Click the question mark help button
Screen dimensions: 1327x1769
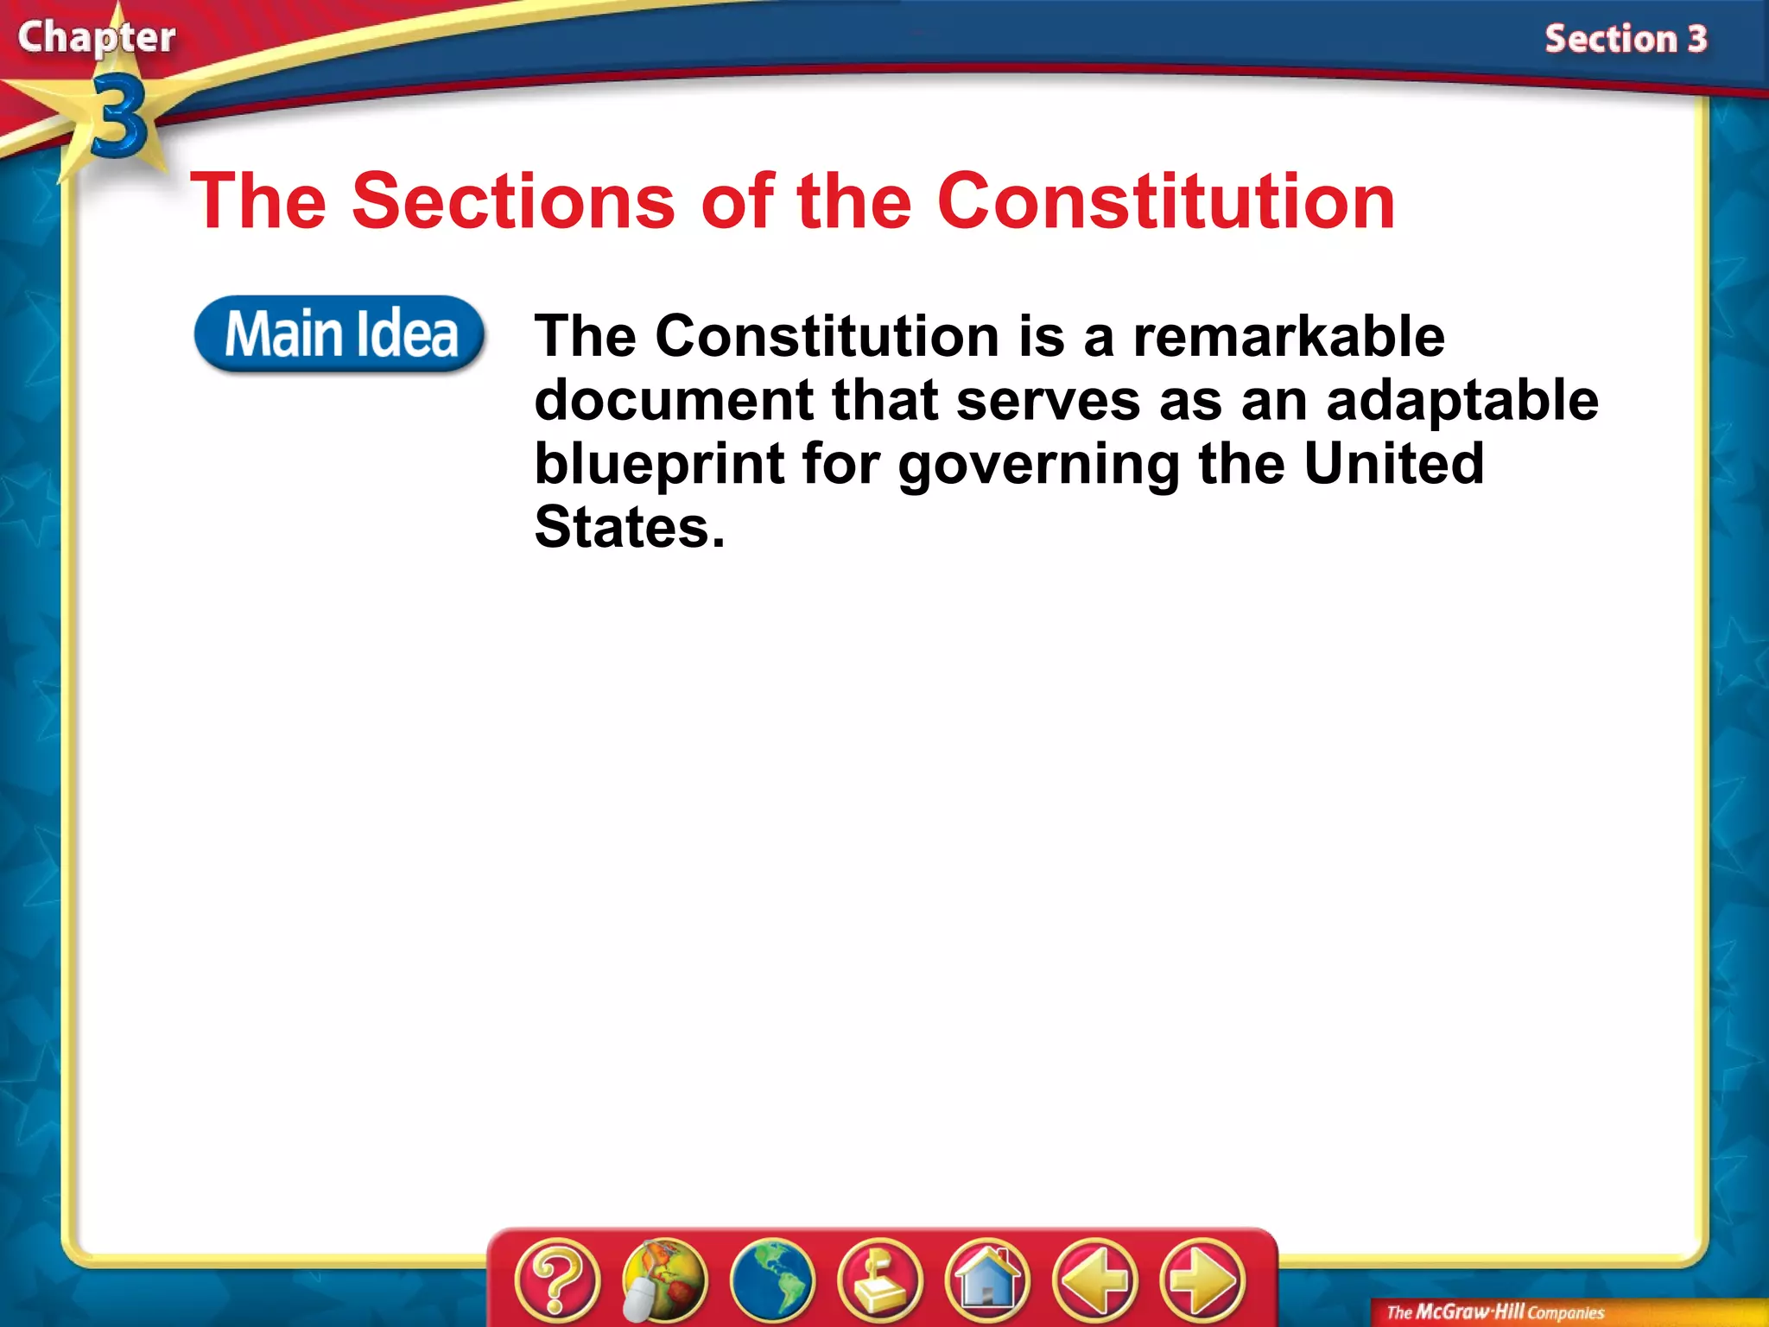pos(557,1279)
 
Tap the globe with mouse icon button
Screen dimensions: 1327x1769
pos(664,1279)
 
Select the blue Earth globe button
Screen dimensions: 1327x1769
pos(771,1279)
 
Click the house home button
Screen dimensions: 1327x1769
pos(987,1279)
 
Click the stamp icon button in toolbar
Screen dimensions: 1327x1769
pos(879,1279)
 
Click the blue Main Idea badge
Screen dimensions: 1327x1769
pos(339,334)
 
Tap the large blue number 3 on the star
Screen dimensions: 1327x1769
pos(118,116)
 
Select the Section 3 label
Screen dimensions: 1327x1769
pos(1626,40)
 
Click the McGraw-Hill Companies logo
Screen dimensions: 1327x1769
pos(1495,1312)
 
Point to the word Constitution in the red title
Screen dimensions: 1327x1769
pos(1166,201)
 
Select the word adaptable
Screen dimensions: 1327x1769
pos(1462,400)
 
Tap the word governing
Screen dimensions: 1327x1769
pos(1039,464)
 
